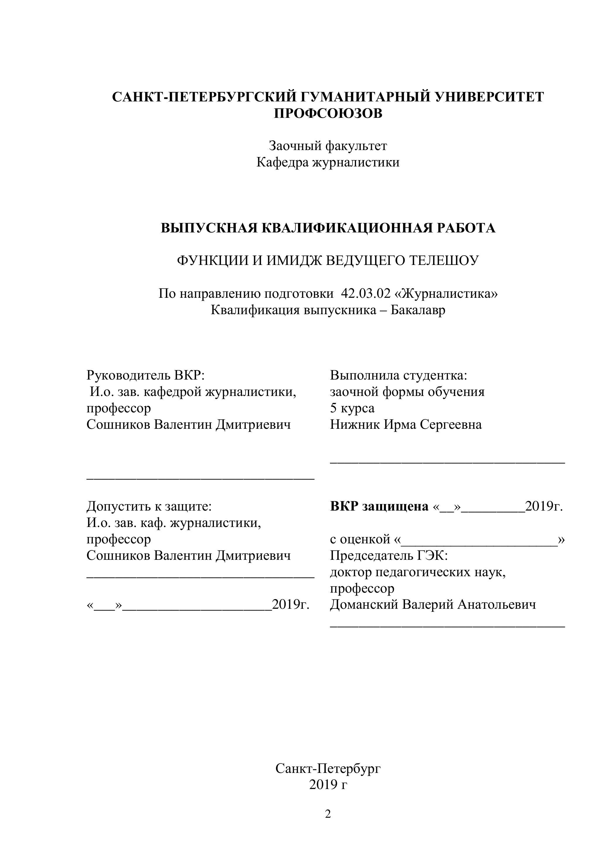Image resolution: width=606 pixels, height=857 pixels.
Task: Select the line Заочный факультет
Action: (x=328, y=146)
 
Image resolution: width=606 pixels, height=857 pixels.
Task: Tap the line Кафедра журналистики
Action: (x=328, y=162)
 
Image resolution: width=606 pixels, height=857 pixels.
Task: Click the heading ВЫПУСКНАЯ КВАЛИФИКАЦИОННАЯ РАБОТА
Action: (x=328, y=228)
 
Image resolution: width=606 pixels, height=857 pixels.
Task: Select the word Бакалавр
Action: (x=418, y=310)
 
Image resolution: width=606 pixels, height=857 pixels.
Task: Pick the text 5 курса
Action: (x=352, y=408)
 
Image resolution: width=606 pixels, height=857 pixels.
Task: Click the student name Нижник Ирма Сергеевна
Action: (x=406, y=424)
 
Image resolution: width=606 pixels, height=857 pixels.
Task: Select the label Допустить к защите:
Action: (x=149, y=506)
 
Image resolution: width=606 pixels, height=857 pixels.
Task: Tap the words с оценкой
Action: (x=360, y=539)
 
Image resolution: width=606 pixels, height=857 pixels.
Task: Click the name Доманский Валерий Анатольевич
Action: (x=433, y=605)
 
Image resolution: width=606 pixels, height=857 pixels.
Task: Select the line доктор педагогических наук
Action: (x=418, y=572)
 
